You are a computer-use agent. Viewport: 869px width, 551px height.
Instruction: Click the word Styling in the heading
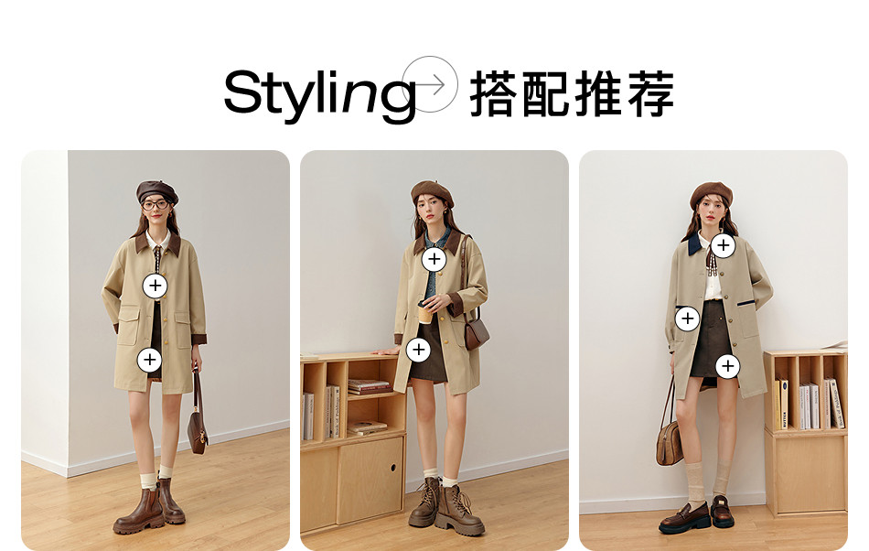[320, 93]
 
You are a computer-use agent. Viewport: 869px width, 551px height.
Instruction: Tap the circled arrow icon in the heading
[430, 84]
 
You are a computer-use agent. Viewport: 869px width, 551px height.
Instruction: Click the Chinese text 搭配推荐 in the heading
[572, 93]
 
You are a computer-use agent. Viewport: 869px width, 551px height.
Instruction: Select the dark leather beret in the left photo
[156, 191]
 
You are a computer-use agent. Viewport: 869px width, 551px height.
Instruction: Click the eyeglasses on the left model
[156, 205]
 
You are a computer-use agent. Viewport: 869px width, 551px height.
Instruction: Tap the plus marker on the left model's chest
[156, 286]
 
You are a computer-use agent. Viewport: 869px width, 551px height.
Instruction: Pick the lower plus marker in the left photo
[150, 360]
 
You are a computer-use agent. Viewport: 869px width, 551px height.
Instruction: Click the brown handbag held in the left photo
[198, 427]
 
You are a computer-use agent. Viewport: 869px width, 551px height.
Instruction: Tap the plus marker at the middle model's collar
[434, 259]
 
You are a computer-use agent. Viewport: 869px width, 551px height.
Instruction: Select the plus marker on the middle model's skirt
[418, 350]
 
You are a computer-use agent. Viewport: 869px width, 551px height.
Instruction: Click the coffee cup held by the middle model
[424, 312]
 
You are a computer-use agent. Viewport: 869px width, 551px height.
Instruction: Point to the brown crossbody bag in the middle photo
[476, 334]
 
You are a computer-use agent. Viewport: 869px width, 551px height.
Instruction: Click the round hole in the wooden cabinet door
[393, 468]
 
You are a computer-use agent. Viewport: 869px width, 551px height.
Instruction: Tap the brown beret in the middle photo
[433, 192]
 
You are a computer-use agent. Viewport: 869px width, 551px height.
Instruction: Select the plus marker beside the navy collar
[724, 245]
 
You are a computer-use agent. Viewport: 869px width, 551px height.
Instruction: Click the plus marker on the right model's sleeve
[687, 319]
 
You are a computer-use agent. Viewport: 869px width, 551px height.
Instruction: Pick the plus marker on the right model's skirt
[728, 366]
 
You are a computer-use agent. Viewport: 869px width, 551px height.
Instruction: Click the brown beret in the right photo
[712, 194]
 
